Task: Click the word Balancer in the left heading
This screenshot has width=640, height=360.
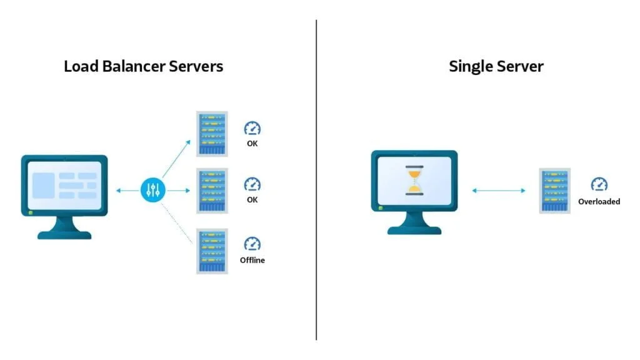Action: pyautogui.click(x=137, y=66)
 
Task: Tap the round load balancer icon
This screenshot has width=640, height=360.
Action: pyautogui.click(x=152, y=190)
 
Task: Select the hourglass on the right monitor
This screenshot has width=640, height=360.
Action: pyautogui.click(x=414, y=181)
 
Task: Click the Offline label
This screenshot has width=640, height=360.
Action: pyautogui.click(x=252, y=260)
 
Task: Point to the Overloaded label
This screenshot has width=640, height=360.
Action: pyautogui.click(x=599, y=201)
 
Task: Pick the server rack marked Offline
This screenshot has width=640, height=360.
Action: pyautogui.click(x=212, y=251)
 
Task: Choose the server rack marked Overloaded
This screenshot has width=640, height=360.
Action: pyautogui.click(x=554, y=191)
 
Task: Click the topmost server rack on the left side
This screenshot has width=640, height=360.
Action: pyautogui.click(x=212, y=134)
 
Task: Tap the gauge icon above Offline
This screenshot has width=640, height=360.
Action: pyautogui.click(x=252, y=244)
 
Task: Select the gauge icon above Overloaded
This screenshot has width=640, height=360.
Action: pyautogui.click(x=599, y=184)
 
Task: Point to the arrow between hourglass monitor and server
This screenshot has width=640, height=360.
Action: pyautogui.click(x=498, y=190)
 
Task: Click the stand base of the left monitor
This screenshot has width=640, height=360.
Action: pyautogui.click(x=64, y=234)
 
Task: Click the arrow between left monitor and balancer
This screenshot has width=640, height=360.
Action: pyautogui.click(x=127, y=190)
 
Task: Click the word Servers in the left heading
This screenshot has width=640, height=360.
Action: pyautogui.click(x=195, y=66)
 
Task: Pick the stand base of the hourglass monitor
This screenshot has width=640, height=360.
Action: pyautogui.click(x=414, y=230)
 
